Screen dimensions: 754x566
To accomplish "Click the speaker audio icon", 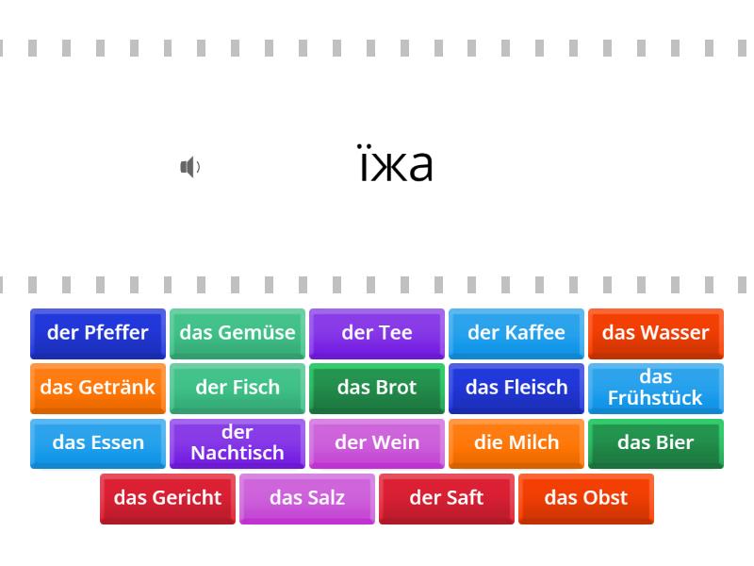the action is point(190,167).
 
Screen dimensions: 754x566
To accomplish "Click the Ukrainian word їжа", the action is point(396,163).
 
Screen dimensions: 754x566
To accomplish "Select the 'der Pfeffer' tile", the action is point(98,334).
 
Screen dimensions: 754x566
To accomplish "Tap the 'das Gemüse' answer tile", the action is point(238,334).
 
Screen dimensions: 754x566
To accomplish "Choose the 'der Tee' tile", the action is point(377,334).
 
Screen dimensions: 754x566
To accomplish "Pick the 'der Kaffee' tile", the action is point(516,334).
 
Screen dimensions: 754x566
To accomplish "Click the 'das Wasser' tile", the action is point(656,334).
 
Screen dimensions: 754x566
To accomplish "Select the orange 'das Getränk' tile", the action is point(98,389).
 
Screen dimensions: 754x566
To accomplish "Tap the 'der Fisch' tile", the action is point(238,389).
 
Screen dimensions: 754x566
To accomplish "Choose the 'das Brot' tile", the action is point(377,389).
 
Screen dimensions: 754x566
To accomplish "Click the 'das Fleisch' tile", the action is point(516,389).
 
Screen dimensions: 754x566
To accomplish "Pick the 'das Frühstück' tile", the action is point(656,389).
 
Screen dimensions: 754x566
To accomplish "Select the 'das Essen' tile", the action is point(98,443).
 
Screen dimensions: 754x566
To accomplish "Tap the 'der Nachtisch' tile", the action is point(238,443).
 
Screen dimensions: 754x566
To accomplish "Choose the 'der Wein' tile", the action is point(377,443).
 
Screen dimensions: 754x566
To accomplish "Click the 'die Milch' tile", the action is point(516,443).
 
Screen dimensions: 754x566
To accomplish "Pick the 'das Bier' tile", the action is point(656,443).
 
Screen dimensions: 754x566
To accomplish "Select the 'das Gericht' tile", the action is point(168,499).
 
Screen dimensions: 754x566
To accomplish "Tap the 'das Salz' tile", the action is point(307,499).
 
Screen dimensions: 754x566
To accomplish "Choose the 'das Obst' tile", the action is point(586,499).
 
